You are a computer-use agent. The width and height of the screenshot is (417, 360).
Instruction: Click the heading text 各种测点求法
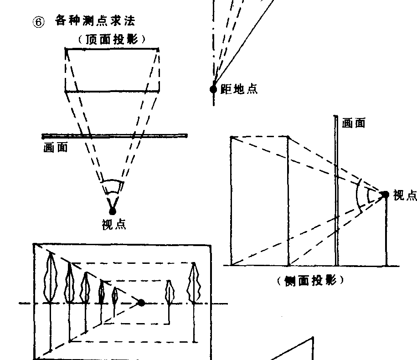tap(95, 21)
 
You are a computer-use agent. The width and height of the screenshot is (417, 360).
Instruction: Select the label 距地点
tap(239, 89)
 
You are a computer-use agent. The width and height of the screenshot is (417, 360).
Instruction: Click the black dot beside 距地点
tap(213, 89)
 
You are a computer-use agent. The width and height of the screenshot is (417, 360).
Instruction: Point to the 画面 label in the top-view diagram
tap(56, 148)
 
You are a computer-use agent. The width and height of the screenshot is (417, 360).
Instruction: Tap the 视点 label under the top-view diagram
tap(114, 224)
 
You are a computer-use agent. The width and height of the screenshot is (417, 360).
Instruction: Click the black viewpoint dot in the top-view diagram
tap(113, 211)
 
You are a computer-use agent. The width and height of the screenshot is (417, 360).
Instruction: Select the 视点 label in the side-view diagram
tap(405, 195)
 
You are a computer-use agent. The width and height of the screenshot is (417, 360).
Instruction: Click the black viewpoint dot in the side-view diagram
tap(385, 195)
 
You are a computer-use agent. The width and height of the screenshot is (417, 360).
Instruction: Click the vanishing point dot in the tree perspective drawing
tap(141, 303)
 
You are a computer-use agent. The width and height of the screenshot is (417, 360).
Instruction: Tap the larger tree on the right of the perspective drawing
tap(195, 283)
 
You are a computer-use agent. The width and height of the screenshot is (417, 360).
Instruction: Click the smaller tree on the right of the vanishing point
tap(170, 292)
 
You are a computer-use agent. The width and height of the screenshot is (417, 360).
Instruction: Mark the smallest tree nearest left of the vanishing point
tap(115, 295)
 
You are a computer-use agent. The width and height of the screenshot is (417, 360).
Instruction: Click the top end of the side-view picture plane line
tap(335, 117)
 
